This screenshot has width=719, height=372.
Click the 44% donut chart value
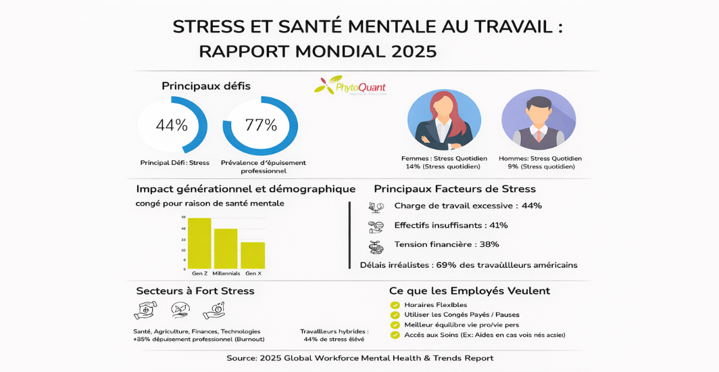172,125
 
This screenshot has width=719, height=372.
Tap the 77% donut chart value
261,125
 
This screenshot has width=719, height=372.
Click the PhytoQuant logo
350,86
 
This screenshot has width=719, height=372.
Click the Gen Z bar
199,243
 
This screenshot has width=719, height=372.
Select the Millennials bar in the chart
226,249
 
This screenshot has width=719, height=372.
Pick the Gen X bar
253,255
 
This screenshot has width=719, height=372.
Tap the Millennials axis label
226,273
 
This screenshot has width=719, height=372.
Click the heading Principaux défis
206,86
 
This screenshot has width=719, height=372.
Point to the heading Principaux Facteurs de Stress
455,189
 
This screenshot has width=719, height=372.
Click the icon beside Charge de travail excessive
376,207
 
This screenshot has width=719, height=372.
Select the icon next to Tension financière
376,246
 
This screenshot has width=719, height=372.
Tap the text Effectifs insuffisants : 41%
451,225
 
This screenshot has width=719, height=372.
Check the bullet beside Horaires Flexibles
395,305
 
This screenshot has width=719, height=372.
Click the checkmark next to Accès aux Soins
395,335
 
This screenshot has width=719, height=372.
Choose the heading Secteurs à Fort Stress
195,291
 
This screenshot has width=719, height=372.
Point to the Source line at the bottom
359,358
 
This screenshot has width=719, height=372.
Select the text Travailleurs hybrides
334,331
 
